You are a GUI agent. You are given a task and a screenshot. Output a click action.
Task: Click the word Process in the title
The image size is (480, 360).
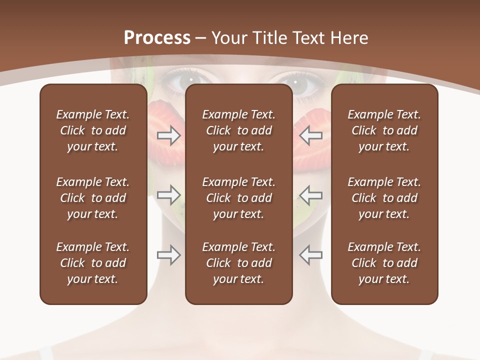coord(157,38)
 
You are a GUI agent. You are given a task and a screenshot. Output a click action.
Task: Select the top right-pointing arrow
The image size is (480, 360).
coord(169,135)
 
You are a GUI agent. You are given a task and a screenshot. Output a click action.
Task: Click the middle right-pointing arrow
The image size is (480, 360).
coord(169,194)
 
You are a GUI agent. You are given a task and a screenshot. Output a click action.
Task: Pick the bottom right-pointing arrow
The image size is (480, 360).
coord(169,254)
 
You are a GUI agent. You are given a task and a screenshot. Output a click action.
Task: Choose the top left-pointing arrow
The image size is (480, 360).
coord(310,135)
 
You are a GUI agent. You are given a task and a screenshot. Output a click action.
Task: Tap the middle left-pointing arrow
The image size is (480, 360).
coord(310,194)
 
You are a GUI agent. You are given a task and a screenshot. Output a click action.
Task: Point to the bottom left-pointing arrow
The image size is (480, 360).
coord(310,254)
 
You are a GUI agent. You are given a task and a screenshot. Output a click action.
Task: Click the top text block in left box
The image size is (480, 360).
coord(93,130)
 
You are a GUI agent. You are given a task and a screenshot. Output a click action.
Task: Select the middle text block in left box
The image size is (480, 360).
coord(93,198)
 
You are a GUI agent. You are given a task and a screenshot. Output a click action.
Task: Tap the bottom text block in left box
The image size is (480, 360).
coord(93,263)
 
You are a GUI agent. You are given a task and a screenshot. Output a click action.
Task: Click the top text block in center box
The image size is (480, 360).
coord(238,130)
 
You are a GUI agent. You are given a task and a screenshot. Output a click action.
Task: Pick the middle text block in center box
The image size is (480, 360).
coord(238,198)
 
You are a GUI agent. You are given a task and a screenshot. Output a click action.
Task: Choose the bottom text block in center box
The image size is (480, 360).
coord(238,263)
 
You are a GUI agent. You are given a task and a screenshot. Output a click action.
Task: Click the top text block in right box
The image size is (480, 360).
coord(384,130)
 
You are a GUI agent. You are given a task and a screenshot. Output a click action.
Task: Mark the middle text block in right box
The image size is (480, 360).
coord(384,198)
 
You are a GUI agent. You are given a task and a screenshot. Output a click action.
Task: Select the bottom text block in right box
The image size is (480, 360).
coord(384,263)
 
